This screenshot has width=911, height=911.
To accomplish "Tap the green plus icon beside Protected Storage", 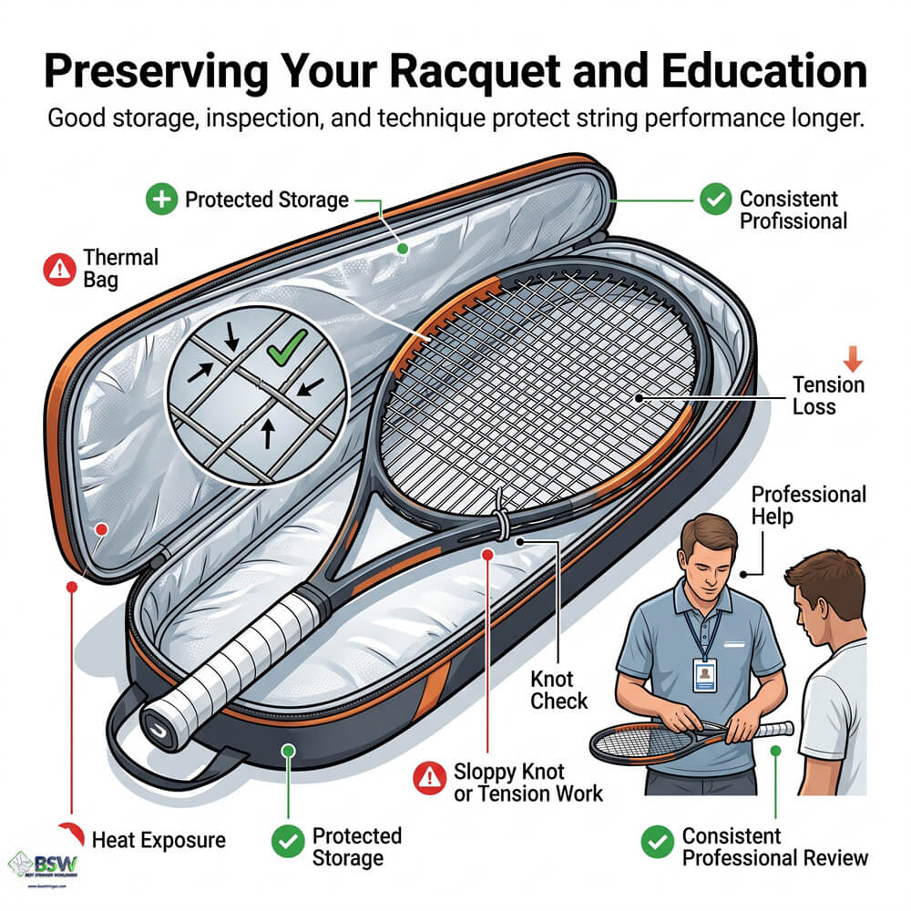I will point(161,200).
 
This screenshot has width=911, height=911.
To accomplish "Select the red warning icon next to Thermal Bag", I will point(57,269).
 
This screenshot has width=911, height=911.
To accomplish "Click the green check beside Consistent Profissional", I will point(715,200).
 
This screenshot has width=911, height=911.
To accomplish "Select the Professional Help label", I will point(807,506).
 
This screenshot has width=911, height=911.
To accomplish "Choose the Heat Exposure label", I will point(159,838).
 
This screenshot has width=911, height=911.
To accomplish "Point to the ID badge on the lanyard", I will point(704,675).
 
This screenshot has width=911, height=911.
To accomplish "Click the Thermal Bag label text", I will point(120,269).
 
